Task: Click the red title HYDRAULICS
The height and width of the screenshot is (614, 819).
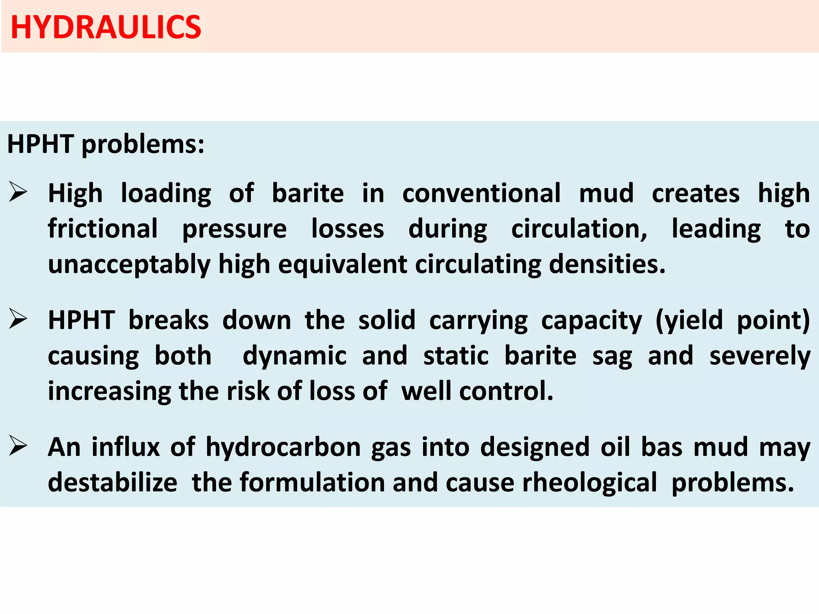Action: (106, 27)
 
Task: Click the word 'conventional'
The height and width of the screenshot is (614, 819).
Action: (481, 193)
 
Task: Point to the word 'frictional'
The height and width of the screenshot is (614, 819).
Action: (103, 229)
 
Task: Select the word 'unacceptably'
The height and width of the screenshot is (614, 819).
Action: (129, 265)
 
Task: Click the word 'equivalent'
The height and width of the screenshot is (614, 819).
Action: (342, 265)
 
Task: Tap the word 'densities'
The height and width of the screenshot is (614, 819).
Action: (607, 265)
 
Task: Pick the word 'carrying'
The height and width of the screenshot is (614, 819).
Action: (478, 321)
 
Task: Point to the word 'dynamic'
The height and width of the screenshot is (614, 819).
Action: (294, 356)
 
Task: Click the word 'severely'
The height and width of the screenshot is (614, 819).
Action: (760, 356)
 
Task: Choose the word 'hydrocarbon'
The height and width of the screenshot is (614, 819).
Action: (283, 447)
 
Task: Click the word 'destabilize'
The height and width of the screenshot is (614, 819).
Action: (112, 482)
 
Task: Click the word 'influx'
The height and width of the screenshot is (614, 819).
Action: (126, 447)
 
